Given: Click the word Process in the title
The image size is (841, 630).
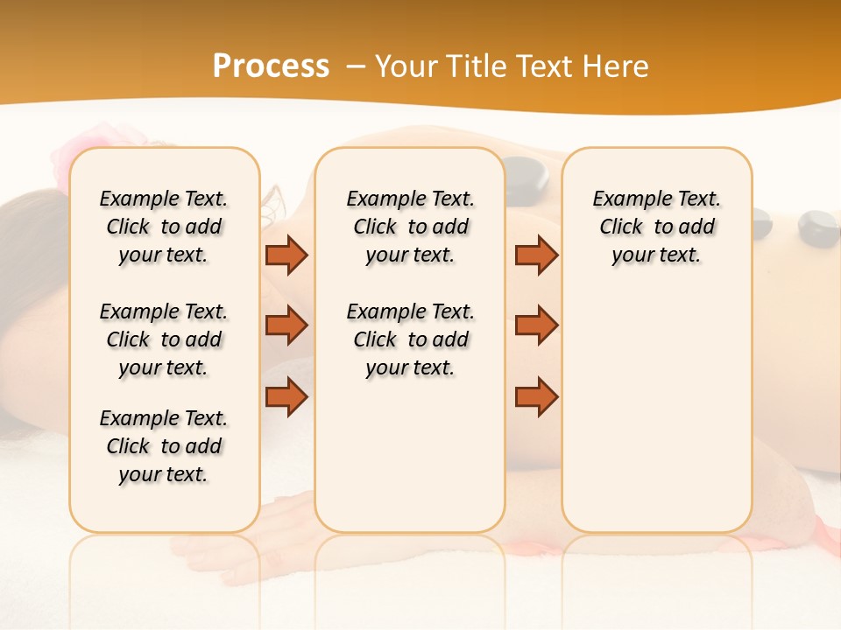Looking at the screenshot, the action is [x=271, y=66].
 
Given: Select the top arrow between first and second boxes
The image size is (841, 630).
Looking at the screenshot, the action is [x=286, y=255].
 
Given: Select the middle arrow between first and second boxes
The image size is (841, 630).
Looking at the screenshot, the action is [x=286, y=325].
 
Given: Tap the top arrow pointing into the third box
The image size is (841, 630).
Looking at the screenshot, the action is [x=536, y=255].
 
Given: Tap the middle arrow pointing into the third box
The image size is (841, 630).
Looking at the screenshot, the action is [x=536, y=325].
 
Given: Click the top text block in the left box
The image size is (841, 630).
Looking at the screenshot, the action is [x=164, y=227].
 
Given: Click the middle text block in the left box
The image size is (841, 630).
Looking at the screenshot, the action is [x=164, y=339].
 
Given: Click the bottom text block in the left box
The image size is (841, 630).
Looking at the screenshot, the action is [x=164, y=446].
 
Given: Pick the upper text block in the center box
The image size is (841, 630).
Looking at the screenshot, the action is [x=410, y=227].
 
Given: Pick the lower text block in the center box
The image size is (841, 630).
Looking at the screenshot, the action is [x=410, y=339].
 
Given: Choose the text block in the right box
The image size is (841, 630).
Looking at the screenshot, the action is [x=657, y=227].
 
